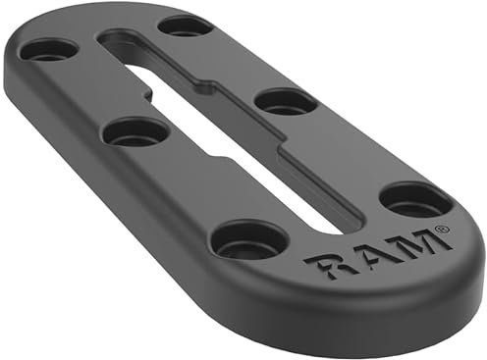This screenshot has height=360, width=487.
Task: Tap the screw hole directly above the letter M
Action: (414, 199)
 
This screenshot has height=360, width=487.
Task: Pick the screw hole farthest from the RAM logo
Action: (49, 49)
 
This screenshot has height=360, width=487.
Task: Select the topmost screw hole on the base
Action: (185, 25)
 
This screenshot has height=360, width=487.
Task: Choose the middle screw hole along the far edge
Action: (287, 100)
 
